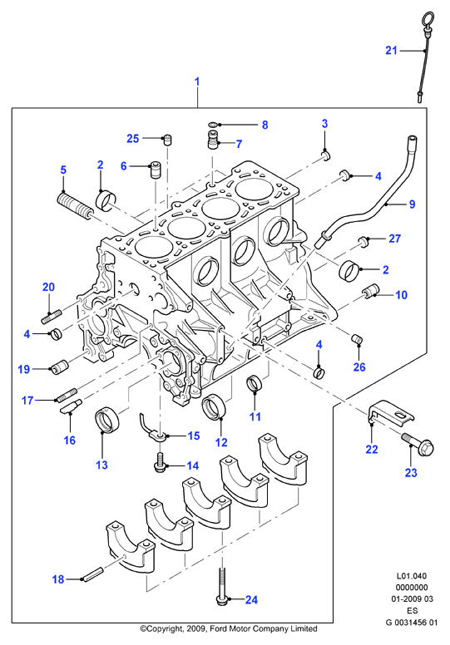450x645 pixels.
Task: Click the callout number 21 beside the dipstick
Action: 391,51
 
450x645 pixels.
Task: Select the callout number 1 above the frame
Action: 197,81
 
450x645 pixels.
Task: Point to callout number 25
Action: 132,138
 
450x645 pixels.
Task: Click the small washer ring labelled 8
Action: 213,124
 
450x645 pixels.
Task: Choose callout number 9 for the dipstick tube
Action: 412,204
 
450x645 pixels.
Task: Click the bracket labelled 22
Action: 389,413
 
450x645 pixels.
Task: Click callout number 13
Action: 101,465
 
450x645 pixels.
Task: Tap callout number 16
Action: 70,441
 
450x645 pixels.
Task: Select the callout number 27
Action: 394,239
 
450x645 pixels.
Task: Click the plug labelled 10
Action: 370,290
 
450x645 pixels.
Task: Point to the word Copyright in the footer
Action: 161,628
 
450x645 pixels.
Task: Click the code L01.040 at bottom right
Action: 411,576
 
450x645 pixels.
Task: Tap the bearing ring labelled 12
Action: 214,406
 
